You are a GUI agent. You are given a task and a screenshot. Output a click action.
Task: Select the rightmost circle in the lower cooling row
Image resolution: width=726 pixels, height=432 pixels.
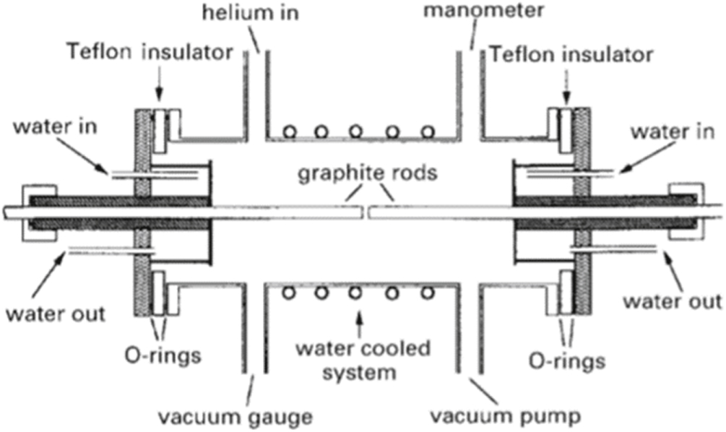(x=428, y=294)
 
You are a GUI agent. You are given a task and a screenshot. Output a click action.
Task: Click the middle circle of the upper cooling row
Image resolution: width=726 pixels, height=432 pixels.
(x=355, y=132)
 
